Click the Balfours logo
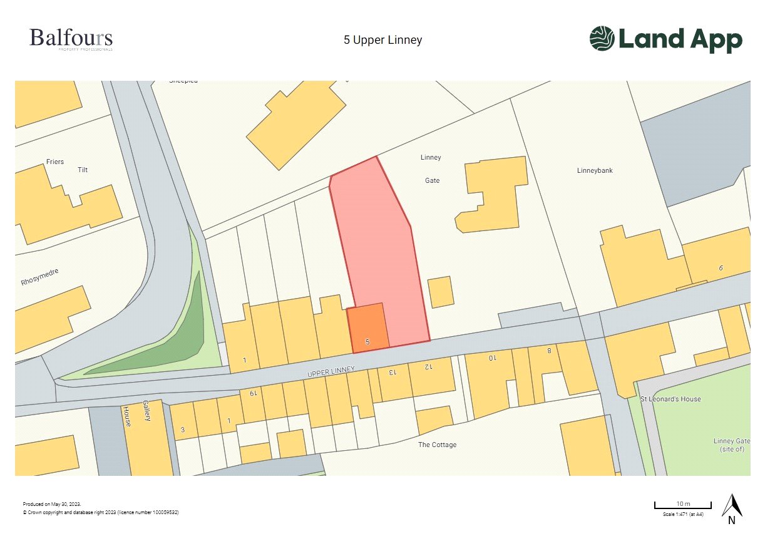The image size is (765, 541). pyautogui.click(x=71, y=39)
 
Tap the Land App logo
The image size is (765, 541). pyautogui.click(x=665, y=39)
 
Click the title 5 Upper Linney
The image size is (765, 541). pyautogui.click(x=382, y=40)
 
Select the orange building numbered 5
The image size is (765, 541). pyautogui.click(x=367, y=328)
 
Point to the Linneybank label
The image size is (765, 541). pyautogui.click(x=595, y=170)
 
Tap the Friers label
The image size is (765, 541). pyautogui.click(x=55, y=162)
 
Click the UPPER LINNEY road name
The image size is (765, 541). pyautogui.click(x=331, y=372)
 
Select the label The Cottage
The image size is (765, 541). pyautogui.click(x=437, y=445)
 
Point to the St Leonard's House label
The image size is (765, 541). pyautogui.click(x=670, y=399)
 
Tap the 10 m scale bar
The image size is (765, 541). pyautogui.click(x=682, y=505)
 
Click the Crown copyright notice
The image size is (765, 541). pyautogui.click(x=101, y=512)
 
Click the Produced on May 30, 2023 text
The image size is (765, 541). pyautogui.click(x=52, y=504)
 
